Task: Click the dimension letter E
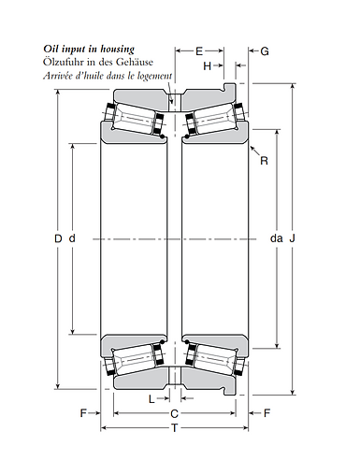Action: tap(198, 51)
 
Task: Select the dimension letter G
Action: tap(265, 51)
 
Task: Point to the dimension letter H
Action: tap(207, 66)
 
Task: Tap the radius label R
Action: tap(264, 161)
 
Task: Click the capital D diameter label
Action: tap(58, 239)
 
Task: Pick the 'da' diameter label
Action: tap(276, 239)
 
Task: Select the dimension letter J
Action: tap(293, 239)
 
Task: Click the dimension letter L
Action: tap(152, 398)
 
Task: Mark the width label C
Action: tap(173, 412)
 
